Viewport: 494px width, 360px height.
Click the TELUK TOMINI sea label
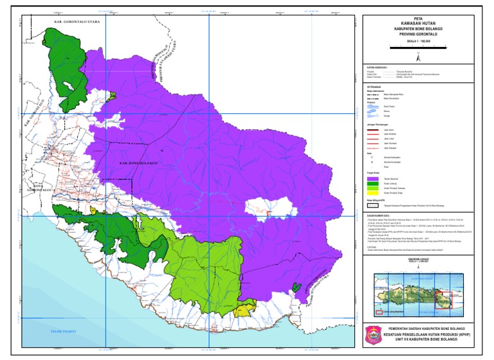[64, 330]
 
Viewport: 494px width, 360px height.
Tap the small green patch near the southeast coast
[295, 287]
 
